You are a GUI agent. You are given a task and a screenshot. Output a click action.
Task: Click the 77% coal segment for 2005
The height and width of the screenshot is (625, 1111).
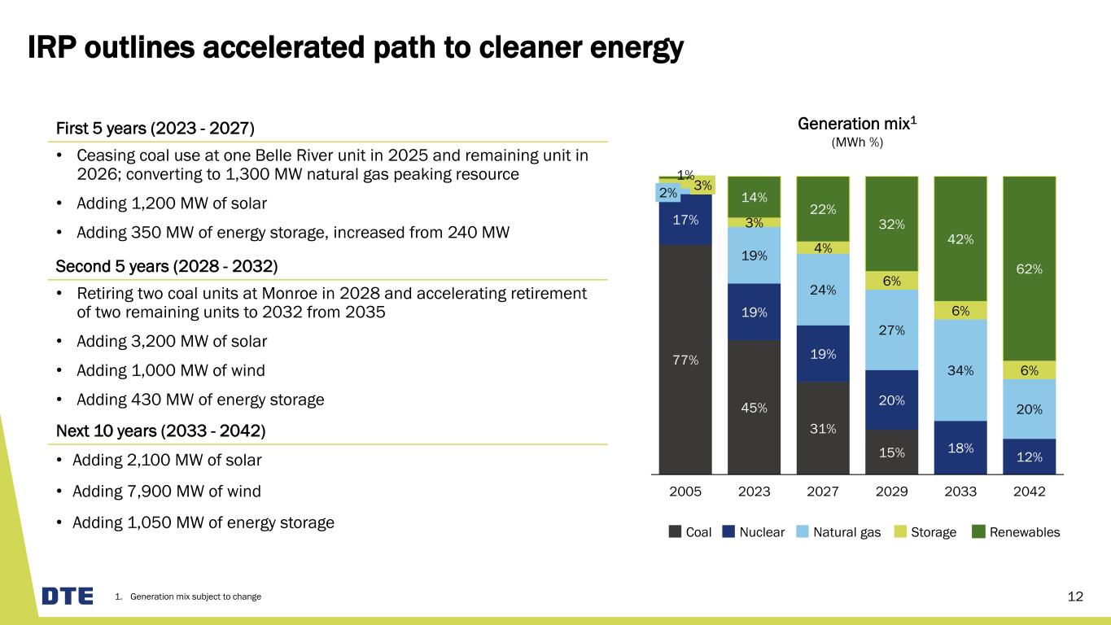[x=685, y=359]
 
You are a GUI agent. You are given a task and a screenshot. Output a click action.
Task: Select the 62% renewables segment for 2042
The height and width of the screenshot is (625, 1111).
[x=1029, y=269]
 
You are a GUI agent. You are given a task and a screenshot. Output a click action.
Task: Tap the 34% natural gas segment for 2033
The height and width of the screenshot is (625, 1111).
[x=960, y=370]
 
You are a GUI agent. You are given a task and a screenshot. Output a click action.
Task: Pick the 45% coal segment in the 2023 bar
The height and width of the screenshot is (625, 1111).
[x=754, y=407]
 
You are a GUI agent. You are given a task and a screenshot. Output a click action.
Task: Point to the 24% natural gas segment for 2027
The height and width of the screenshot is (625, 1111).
[x=823, y=289]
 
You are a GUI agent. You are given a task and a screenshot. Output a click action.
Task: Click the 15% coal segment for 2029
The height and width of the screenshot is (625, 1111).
[x=892, y=452]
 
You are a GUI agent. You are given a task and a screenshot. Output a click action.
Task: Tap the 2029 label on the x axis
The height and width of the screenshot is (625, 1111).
[x=892, y=492]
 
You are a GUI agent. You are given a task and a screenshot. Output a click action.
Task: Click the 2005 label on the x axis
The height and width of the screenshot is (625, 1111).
[x=685, y=492]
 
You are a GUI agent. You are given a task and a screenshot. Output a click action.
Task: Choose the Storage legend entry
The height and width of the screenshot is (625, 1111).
[x=927, y=532]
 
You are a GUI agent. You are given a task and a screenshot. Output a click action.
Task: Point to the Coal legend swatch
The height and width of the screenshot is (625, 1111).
[x=675, y=532]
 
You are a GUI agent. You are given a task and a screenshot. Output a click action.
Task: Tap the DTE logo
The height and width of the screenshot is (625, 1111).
[x=68, y=597]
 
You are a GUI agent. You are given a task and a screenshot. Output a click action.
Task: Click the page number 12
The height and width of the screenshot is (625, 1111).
[x=1075, y=597]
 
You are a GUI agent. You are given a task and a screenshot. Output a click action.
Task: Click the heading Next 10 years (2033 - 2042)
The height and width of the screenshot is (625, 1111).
[x=160, y=430]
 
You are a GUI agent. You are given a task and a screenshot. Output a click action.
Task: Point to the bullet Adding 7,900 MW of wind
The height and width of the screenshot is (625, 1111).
[x=167, y=491]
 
